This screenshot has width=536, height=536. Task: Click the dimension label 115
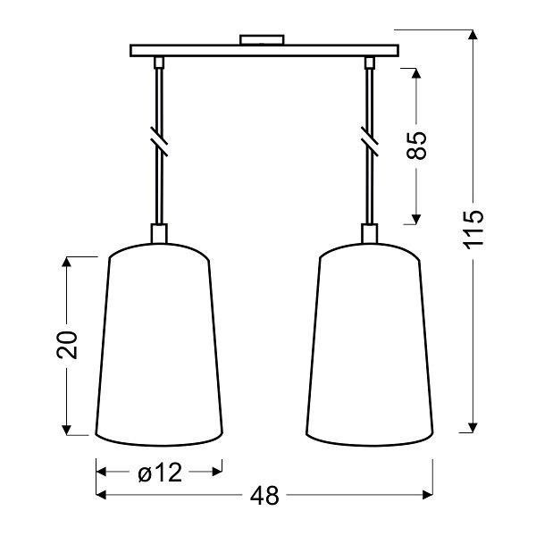click(x=473, y=229)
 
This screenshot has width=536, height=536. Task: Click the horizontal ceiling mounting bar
click(x=264, y=51)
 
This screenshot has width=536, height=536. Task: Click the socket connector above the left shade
click(x=159, y=232)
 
